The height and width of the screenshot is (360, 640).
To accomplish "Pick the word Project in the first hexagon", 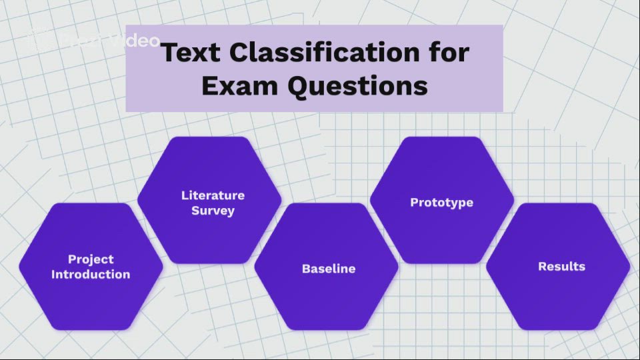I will tap(91, 259).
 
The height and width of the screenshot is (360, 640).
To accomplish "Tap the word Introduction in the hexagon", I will tap(91, 274).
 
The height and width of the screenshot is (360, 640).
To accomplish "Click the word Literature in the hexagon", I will tap(213, 195).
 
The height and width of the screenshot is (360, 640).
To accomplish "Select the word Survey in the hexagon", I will tap(213, 211).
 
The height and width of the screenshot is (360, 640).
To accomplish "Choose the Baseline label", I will tap(329, 269).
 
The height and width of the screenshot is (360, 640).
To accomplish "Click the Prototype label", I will tap(441, 202).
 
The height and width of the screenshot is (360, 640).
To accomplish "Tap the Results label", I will tap(561, 267).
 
